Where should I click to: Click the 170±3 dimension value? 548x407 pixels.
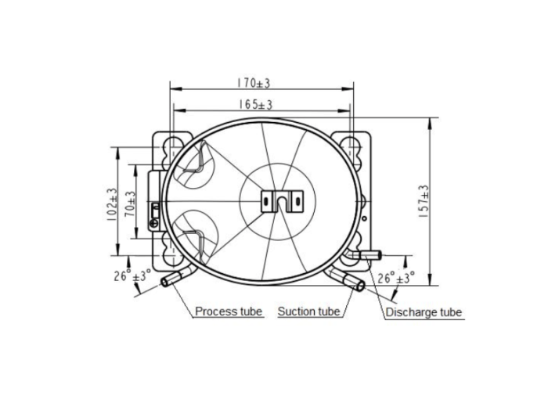point(254,83)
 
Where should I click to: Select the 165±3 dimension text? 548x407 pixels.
point(256,104)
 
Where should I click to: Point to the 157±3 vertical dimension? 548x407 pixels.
point(424,202)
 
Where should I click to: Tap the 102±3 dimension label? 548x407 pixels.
point(112,204)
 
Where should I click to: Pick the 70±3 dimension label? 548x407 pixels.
point(131,204)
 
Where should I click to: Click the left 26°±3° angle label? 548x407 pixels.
point(132,276)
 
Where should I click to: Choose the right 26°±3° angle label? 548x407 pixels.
point(396,278)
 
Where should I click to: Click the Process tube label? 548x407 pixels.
point(229,311)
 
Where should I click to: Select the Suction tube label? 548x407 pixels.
point(308,312)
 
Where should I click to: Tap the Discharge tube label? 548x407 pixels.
point(424,312)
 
